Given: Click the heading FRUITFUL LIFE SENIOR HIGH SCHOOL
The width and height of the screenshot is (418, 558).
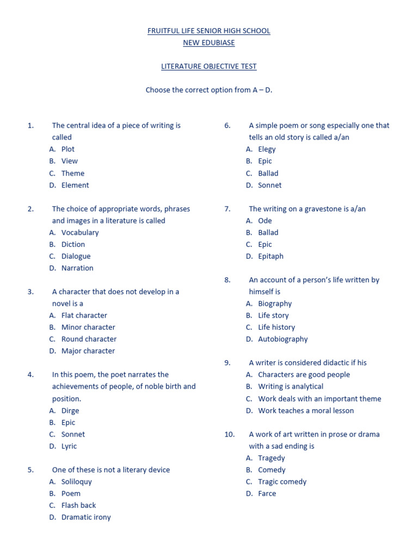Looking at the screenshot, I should click(x=208, y=31).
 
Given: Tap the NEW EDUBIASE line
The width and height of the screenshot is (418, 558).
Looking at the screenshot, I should click(x=208, y=43).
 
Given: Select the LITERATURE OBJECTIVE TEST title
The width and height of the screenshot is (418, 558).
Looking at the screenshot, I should click(x=208, y=66).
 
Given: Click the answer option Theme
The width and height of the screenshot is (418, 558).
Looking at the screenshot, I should click(x=73, y=173).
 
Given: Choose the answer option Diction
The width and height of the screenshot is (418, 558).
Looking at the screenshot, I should click(x=73, y=244).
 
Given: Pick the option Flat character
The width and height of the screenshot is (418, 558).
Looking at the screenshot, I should click(x=84, y=316).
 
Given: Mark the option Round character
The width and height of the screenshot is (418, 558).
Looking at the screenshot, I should click(x=89, y=339).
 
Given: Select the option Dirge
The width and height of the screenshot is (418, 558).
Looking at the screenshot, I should click(x=70, y=410).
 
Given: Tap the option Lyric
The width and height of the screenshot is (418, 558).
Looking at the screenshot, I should click(x=69, y=446).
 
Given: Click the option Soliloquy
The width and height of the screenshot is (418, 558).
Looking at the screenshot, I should click(x=77, y=482).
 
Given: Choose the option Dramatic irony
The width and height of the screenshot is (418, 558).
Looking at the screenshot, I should click(x=86, y=517).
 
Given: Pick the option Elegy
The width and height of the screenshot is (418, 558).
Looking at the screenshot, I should click(x=267, y=149).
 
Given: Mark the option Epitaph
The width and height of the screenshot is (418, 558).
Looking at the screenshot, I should click(x=271, y=256).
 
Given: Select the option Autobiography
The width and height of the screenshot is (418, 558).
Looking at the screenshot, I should click(x=282, y=339).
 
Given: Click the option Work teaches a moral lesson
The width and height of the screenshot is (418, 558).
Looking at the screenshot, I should click(x=306, y=410).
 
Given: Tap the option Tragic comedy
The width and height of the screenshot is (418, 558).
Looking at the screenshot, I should click(x=282, y=482).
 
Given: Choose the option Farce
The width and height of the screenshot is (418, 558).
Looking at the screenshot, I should click(x=267, y=494).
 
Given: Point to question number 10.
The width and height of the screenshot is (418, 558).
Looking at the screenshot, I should click(x=229, y=434).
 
